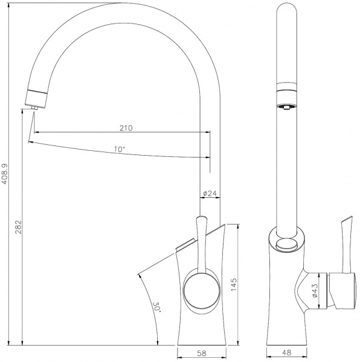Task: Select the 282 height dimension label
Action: pyautogui.click(x=18, y=227)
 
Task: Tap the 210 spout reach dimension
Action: pyautogui.click(x=126, y=127)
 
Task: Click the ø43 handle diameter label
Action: pyautogui.click(x=315, y=291)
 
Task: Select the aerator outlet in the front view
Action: pyautogui.click(x=286, y=107)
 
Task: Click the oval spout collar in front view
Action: pyautogui.click(x=286, y=245)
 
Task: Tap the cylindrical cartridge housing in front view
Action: pyautogui.click(x=338, y=291)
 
